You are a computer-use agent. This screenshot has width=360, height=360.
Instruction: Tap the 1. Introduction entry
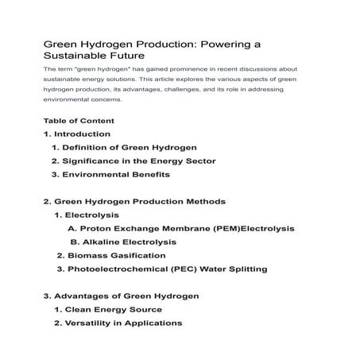(77, 134)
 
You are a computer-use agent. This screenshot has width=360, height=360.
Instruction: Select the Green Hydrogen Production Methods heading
(134, 202)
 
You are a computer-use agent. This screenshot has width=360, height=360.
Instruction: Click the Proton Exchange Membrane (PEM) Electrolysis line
(181, 229)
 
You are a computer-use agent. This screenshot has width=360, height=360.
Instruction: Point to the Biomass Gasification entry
(111, 255)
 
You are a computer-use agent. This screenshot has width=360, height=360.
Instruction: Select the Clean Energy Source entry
(105, 309)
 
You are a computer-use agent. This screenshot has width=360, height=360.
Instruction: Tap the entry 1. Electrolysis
(87, 215)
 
